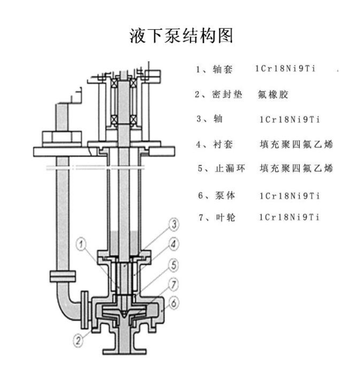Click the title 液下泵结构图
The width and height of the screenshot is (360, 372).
click(181, 35)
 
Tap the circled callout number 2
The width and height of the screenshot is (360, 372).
click(78, 341)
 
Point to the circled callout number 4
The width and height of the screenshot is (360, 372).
click(174, 244)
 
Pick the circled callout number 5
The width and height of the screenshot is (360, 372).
click(174, 265)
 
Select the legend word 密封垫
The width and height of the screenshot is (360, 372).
click(227, 95)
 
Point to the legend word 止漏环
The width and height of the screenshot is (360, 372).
click(229, 169)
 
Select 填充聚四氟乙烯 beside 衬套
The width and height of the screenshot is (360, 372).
click(297, 144)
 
